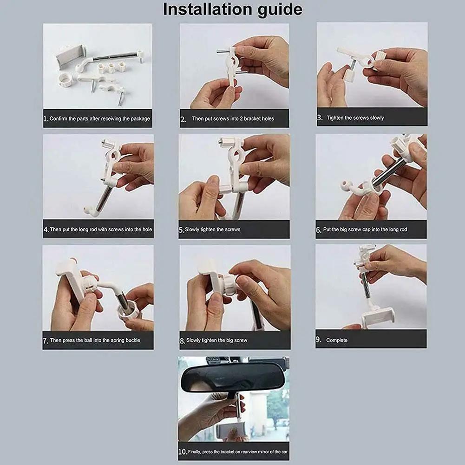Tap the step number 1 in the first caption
(x=46, y=118)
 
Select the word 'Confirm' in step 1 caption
(x=59, y=118)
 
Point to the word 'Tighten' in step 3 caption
(x=335, y=118)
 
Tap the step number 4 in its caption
(x=46, y=229)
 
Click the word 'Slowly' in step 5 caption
(x=192, y=229)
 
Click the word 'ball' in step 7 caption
(x=88, y=340)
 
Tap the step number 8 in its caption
(x=183, y=341)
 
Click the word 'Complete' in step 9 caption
(x=337, y=341)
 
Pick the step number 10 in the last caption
(x=183, y=452)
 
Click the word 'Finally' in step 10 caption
(x=195, y=452)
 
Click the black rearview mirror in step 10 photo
(x=233, y=378)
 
